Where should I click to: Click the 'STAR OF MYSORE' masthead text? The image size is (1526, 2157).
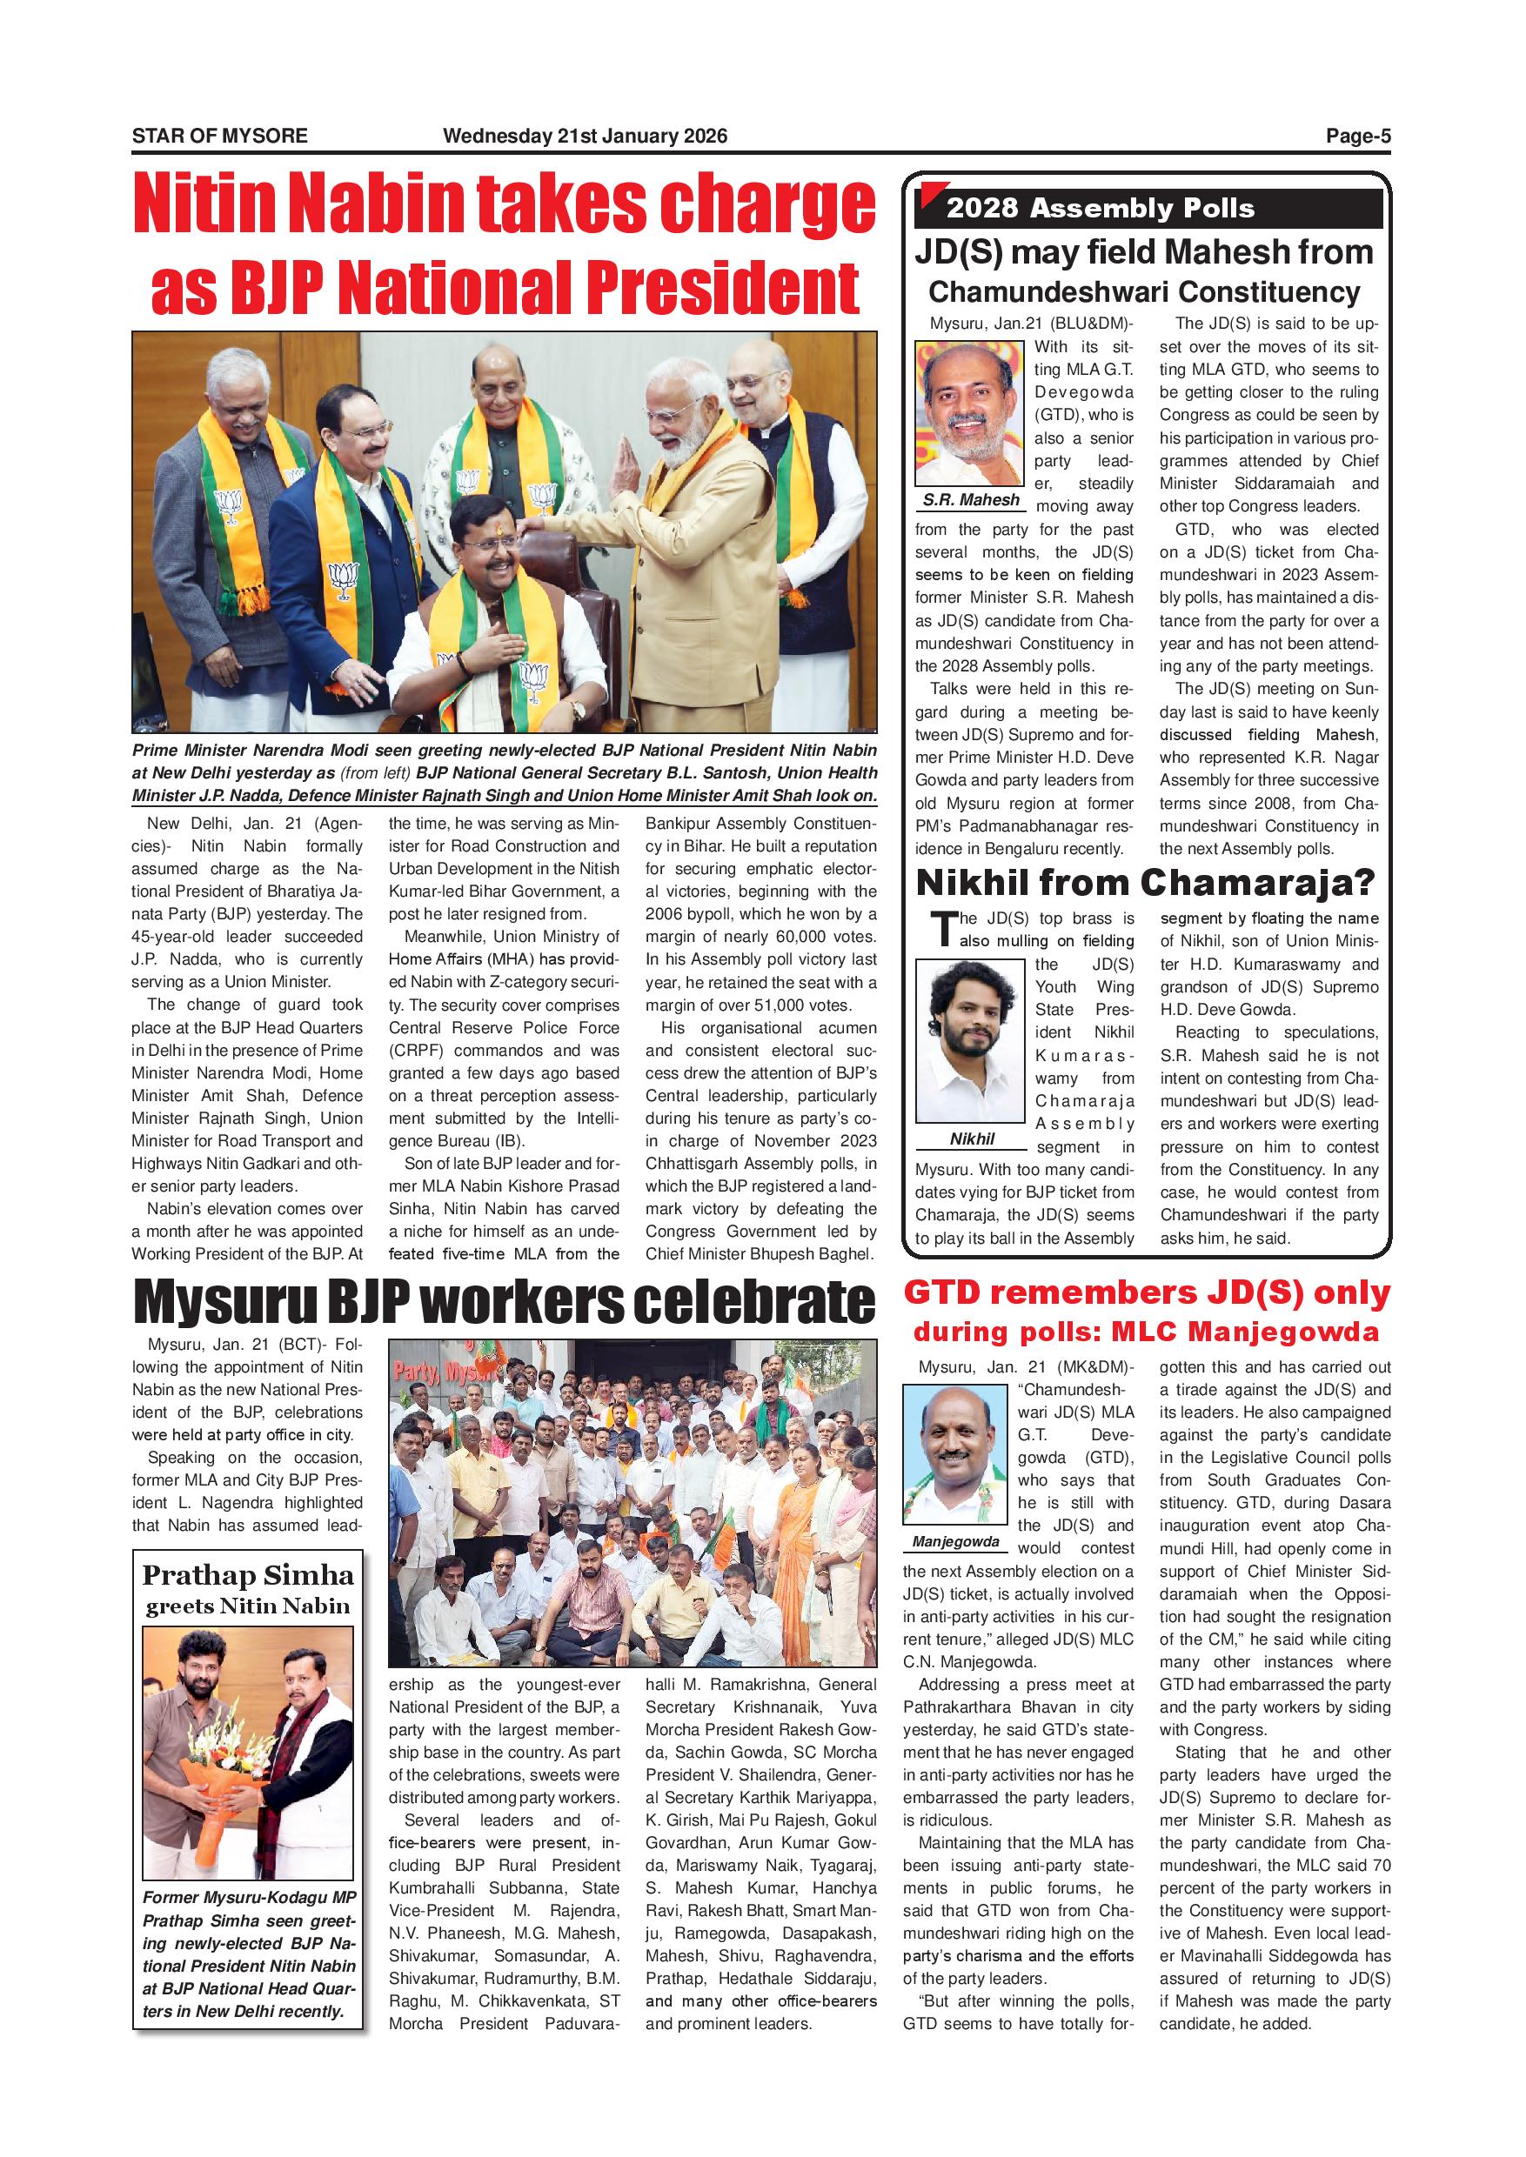(219, 136)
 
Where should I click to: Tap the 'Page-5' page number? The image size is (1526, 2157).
(1357, 136)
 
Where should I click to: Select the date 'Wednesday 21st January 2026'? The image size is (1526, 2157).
(585, 136)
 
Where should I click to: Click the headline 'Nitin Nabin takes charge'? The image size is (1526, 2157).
(504, 204)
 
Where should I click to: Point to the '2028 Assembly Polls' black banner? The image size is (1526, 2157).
(1148, 208)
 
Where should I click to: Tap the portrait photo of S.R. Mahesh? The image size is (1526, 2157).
(972, 412)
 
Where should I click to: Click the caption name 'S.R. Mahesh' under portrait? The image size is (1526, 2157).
(971, 500)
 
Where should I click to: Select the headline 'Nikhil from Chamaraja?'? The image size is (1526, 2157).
(1145, 882)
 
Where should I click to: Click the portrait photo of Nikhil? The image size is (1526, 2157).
(970, 1040)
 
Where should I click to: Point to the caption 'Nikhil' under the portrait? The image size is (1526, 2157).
(972, 1139)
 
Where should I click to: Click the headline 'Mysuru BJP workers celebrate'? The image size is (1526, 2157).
(504, 1301)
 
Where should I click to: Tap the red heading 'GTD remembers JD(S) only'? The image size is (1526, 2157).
(1147, 1292)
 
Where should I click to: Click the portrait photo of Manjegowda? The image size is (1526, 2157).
(954, 1453)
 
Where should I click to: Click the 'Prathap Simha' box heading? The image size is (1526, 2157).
(248, 1575)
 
